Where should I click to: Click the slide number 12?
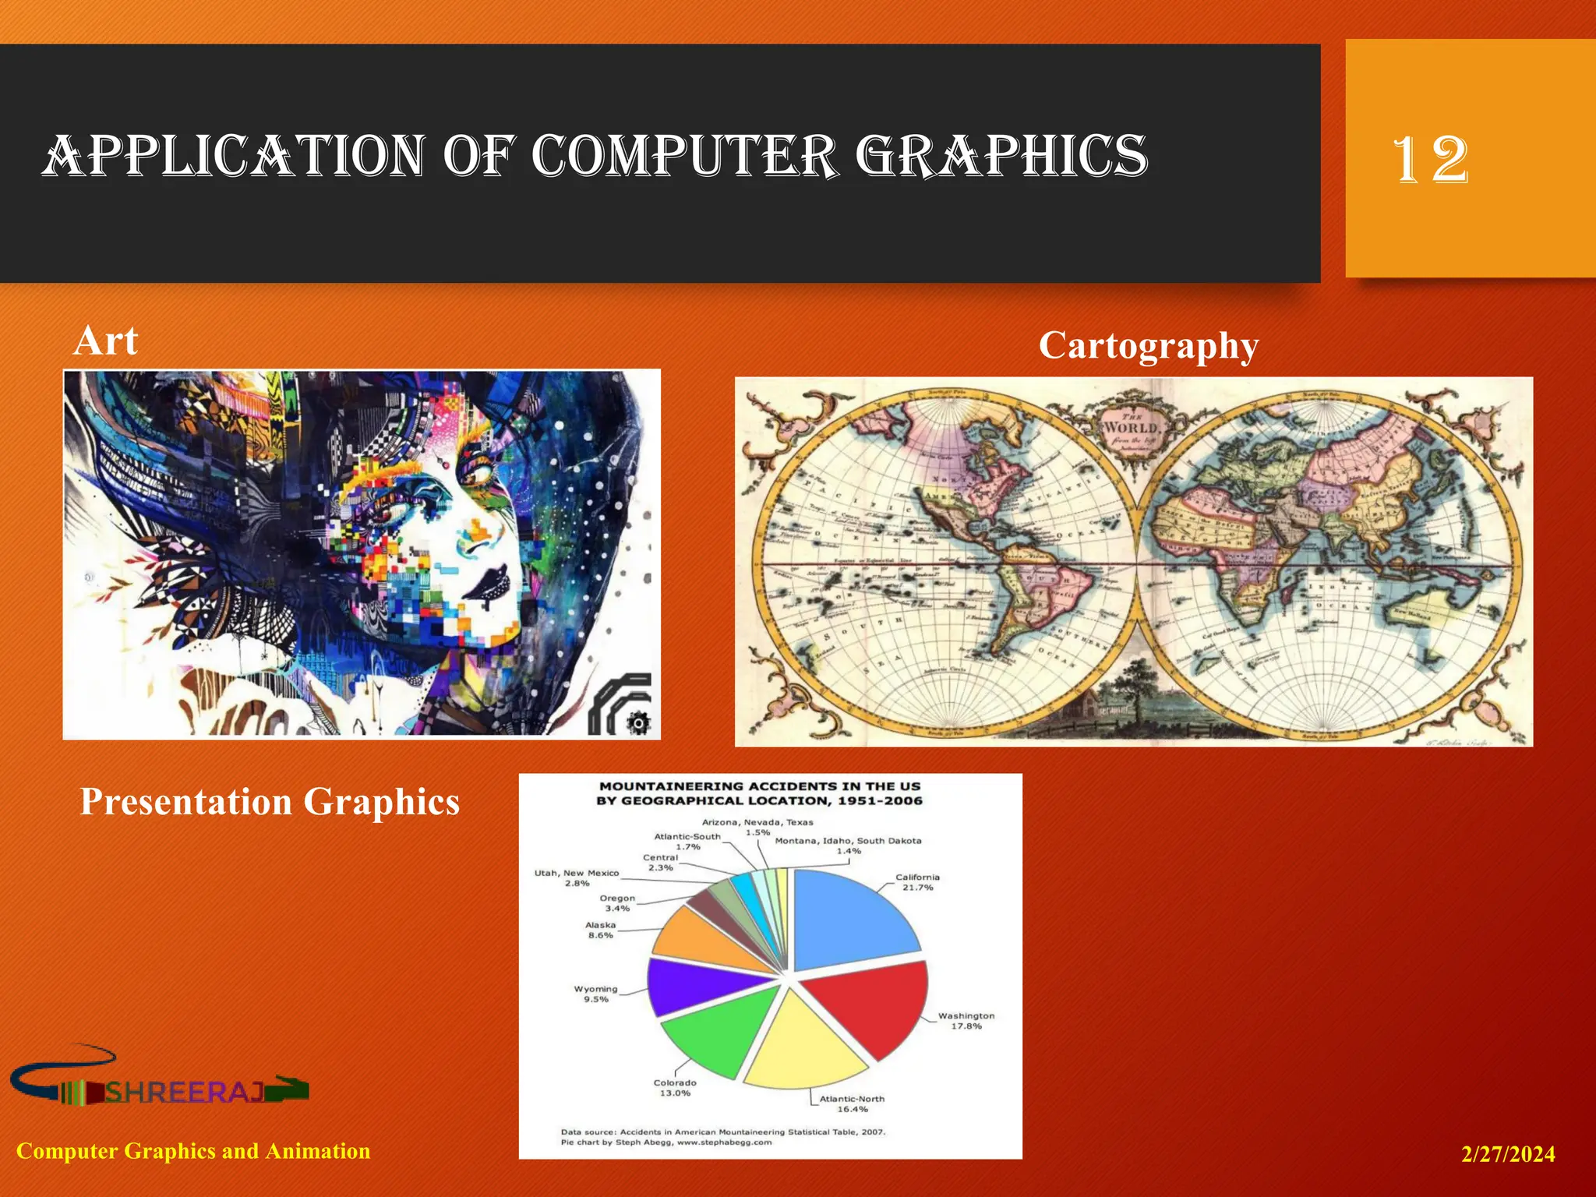click(1430, 159)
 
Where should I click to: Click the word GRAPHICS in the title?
click(1001, 156)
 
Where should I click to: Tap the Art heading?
click(106, 341)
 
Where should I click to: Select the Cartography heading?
click(1148, 345)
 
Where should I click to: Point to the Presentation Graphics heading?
click(270, 802)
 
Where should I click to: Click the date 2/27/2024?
click(1508, 1154)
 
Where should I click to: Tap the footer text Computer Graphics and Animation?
click(193, 1151)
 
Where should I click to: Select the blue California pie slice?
click(849, 920)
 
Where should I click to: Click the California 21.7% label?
click(917, 882)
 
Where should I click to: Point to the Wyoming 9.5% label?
click(595, 994)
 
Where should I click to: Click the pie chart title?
click(759, 793)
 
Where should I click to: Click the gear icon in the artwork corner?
click(639, 722)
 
